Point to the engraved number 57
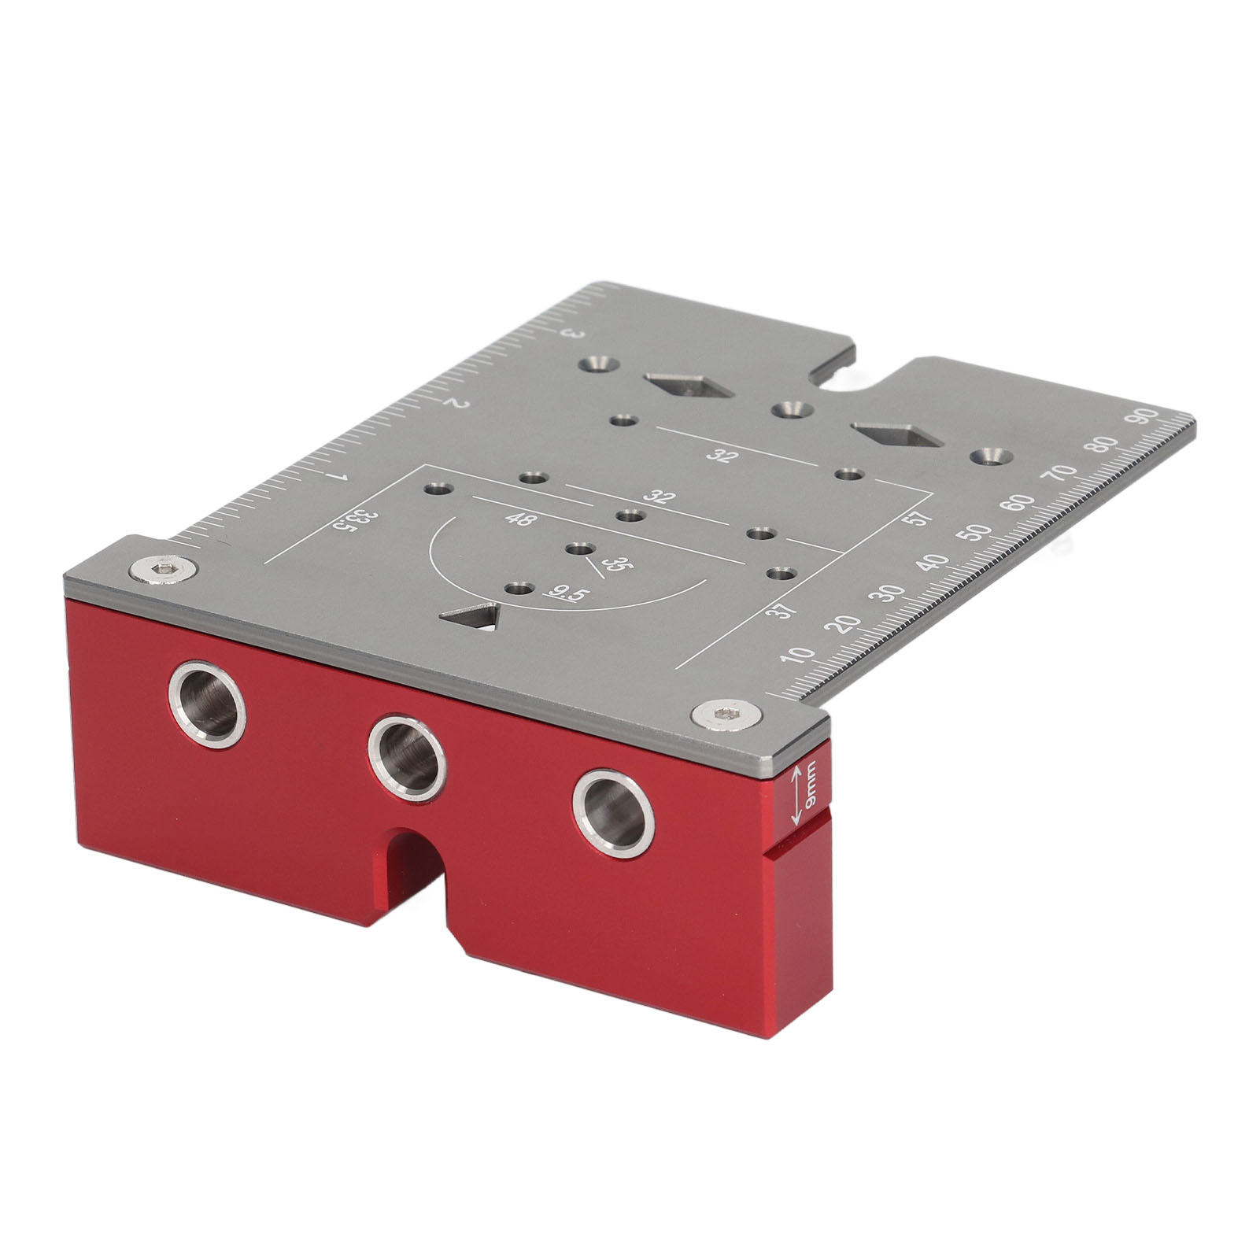pyautogui.click(x=922, y=519)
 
